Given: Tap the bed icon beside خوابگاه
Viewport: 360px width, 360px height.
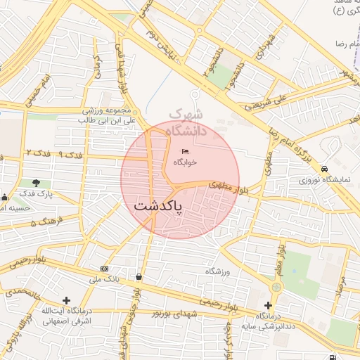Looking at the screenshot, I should pos(185,151).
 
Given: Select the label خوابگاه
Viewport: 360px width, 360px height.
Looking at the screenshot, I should pos(185,162).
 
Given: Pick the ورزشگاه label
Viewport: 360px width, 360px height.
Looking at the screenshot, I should pos(218,271).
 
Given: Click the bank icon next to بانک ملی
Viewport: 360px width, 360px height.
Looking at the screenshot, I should pos(105,269).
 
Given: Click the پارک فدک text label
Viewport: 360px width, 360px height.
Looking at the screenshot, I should pos(32,193).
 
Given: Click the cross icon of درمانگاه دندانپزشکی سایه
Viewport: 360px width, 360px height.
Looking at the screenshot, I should pos(268,305).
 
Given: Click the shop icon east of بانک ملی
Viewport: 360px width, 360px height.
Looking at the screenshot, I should pos(139,276).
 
